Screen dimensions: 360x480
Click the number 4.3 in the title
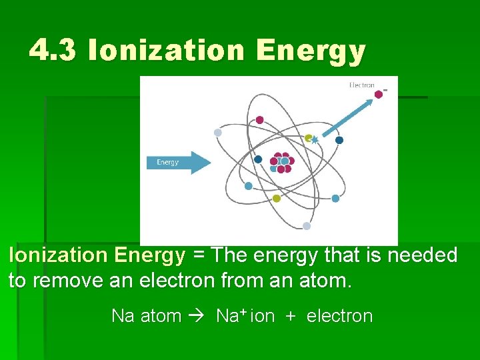54,51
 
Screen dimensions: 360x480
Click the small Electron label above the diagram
362,85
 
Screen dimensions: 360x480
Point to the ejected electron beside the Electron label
379,95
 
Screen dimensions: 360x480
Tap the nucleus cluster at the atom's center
281,161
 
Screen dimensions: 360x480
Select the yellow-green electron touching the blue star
308,138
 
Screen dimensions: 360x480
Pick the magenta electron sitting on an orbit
259,120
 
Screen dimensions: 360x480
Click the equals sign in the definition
199,255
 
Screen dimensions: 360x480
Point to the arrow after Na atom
199,316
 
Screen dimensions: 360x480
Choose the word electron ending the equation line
339,316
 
